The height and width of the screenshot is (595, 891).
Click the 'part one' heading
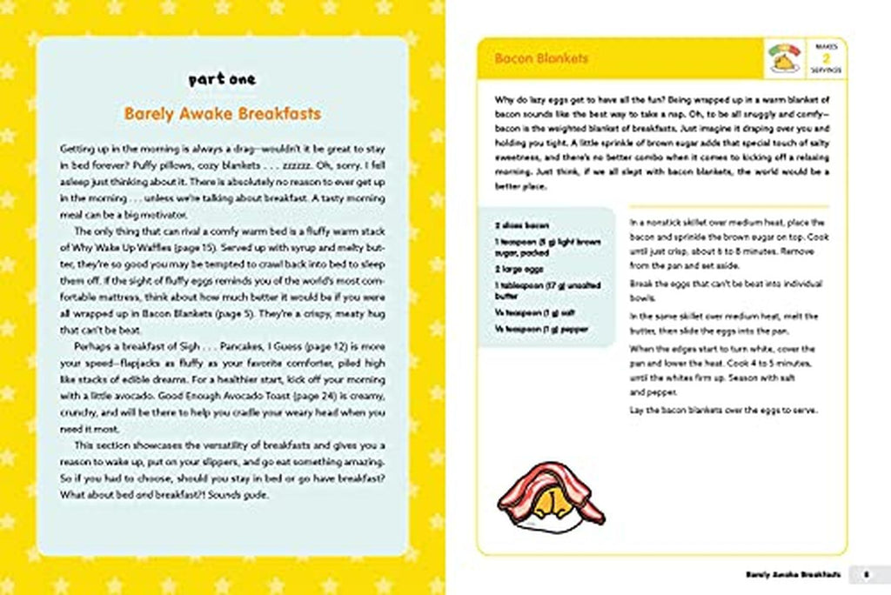[x=222, y=80]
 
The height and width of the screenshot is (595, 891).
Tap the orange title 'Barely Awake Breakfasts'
[x=222, y=114]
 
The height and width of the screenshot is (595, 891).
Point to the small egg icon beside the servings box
[x=787, y=58]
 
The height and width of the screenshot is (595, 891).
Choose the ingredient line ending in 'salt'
[x=526, y=312]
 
